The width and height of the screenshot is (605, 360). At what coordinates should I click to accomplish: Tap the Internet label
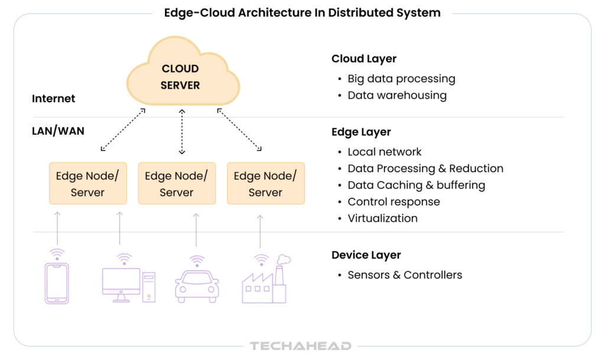click(54, 99)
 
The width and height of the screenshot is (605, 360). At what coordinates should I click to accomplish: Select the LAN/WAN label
click(58, 131)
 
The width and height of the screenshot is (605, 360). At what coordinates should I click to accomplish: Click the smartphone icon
click(57, 283)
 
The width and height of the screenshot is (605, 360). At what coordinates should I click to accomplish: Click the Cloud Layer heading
click(363, 59)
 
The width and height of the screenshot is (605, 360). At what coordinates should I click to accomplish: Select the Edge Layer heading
click(361, 132)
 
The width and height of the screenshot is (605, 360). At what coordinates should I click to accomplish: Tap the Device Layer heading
click(366, 255)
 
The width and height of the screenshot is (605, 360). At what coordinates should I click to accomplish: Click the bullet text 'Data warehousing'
click(396, 95)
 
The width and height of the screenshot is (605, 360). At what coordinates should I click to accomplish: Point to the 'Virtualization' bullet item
click(382, 218)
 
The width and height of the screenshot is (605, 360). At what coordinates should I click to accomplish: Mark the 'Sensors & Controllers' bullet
click(405, 275)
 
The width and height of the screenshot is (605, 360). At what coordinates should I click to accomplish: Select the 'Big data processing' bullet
click(401, 79)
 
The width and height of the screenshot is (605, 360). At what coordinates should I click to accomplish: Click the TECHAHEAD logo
click(300, 346)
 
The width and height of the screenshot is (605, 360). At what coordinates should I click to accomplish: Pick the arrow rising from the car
click(197, 230)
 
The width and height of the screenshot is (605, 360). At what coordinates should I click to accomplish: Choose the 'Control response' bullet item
click(393, 202)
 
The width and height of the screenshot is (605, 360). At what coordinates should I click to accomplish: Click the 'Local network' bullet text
click(385, 152)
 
